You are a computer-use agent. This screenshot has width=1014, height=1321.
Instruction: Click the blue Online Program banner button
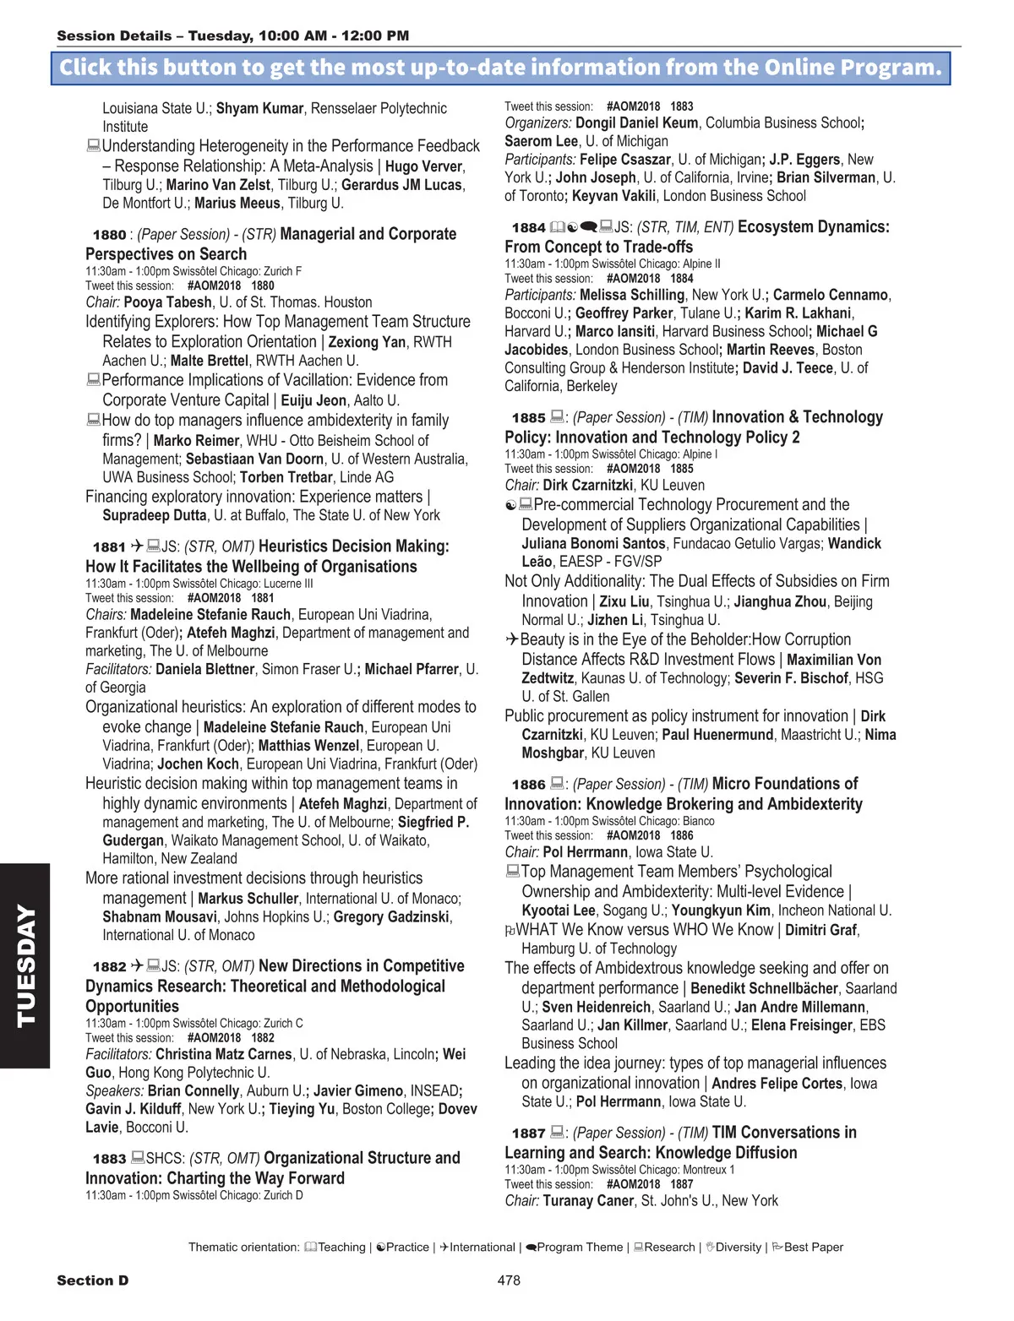500,68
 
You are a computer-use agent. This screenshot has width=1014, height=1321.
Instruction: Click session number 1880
109,235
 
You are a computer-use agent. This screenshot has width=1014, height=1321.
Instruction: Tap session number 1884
528,228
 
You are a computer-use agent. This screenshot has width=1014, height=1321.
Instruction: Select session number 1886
528,785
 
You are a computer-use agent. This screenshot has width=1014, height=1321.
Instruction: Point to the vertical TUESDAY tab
25,965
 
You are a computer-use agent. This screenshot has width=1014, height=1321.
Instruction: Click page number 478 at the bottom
509,1280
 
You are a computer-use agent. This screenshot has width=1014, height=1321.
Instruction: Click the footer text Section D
93,1280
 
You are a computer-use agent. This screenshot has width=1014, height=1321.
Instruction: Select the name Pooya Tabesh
172,302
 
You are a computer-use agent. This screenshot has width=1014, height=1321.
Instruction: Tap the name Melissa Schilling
632,296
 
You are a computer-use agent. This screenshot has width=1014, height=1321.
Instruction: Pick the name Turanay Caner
588,1201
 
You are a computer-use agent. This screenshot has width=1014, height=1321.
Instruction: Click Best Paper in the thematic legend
813,1248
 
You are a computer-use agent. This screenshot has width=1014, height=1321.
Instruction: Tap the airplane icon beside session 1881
137,546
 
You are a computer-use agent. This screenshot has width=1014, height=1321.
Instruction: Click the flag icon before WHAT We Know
510,931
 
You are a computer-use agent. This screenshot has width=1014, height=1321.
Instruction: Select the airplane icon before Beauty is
511,640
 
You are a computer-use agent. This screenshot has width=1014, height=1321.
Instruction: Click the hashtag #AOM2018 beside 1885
633,469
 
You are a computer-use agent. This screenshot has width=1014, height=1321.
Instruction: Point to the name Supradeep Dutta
155,516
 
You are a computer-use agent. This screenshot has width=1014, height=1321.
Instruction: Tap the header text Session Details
113,36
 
